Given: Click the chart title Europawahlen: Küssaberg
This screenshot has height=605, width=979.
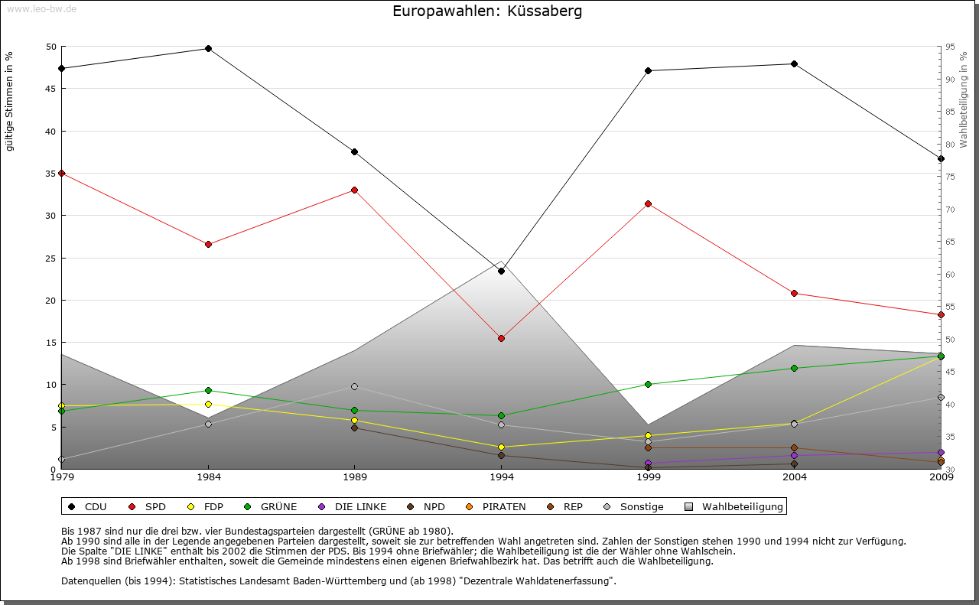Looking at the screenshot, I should click(x=486, y=11).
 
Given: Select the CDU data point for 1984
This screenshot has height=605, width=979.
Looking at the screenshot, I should click(x=208, y=48).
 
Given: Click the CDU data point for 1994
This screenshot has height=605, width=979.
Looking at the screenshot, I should click(x=501, y=271).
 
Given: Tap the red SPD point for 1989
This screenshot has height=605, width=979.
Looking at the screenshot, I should click(x=354, y=190).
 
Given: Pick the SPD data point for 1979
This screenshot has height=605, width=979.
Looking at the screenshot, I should click(x=61, y=173).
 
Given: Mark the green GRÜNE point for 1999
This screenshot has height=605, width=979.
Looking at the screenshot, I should click(x=648, y=384).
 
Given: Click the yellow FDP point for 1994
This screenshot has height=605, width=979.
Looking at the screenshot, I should click(x=501, y=447).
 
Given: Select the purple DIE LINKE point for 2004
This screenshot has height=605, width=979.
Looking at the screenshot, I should click(x=794, y=455).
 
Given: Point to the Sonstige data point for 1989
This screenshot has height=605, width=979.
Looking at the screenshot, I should click(x=354, y=386).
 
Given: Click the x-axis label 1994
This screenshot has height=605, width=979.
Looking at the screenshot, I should click(x=502, y=478).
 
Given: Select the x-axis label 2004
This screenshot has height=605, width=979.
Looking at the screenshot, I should click(x=795, y=478).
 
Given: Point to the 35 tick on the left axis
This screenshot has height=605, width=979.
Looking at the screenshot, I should click(x=51, y=173).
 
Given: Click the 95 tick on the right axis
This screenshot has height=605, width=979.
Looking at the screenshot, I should click(x=949, y=47).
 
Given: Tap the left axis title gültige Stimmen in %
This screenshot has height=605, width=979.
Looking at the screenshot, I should click(x=9, y=101).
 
